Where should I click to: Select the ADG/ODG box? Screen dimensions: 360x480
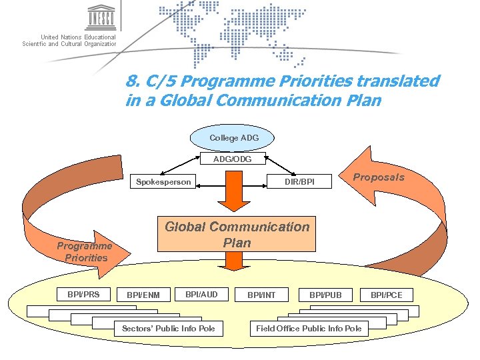click(x=233, y=159)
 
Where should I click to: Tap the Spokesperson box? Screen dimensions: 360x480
click(x=163, y=181)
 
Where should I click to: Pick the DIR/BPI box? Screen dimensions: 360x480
click(x=299, y=181)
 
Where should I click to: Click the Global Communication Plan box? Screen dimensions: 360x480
click(x=237, y=235)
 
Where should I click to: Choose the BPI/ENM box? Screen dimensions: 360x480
click(x=143, y=295)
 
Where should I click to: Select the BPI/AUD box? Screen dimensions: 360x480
click(x=201, y=294)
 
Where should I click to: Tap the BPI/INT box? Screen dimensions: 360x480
click(x=261, y=295)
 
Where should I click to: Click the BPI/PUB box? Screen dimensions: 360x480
click(x=325, y=295)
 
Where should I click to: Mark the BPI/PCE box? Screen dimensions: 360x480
click(x=387, y=295)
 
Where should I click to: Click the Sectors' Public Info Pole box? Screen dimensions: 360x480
click(x=169, y=328)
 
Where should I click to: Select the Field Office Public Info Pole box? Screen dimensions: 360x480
click(x=309, y=328)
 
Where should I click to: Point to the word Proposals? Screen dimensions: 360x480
click(x=378, y=177)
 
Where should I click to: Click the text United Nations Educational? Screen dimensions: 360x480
click(x=78, y=37)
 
